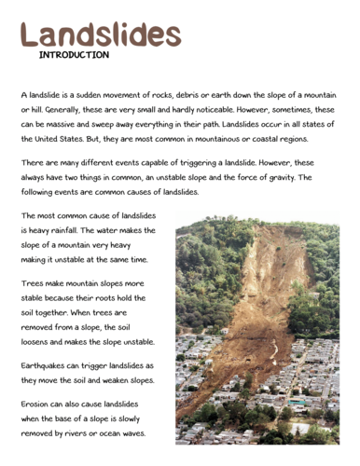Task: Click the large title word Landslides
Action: click(100, 34)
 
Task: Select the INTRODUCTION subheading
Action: click(74, 56)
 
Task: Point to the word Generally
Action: click(62, 110)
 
